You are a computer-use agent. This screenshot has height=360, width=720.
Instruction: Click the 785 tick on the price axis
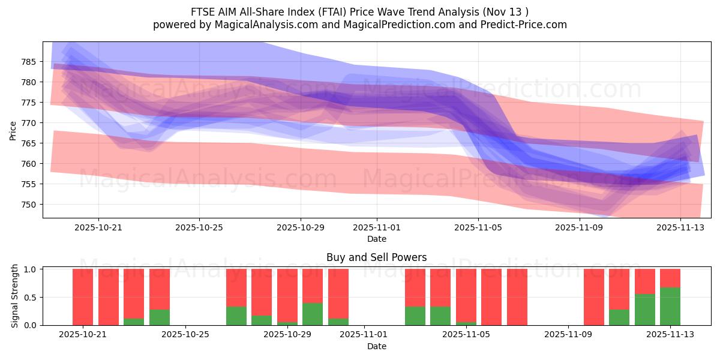29,62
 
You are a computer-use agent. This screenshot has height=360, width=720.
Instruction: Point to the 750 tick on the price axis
29,205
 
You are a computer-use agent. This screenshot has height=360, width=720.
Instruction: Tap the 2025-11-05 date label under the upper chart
478,228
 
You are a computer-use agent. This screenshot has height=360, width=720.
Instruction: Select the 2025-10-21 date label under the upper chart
98,228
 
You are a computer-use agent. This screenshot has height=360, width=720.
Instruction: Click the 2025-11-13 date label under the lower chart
670,335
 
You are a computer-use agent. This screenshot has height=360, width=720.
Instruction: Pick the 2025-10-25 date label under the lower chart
186,335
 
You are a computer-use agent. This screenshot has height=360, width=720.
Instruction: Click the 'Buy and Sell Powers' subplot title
376,257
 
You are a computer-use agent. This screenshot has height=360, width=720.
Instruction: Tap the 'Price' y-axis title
13,130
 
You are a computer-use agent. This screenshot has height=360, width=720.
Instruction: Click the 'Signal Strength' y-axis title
15,296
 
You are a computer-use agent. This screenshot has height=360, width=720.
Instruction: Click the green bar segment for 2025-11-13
670,307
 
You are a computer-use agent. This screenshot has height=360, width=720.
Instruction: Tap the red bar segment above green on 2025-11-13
670,278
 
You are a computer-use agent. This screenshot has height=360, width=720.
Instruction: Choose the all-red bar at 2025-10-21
83,297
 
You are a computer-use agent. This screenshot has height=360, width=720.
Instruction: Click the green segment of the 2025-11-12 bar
644,310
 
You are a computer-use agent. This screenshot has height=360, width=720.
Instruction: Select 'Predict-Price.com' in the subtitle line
521,25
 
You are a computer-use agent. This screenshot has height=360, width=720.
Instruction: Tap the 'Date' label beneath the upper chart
376,239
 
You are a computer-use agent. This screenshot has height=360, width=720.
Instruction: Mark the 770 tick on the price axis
29,123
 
